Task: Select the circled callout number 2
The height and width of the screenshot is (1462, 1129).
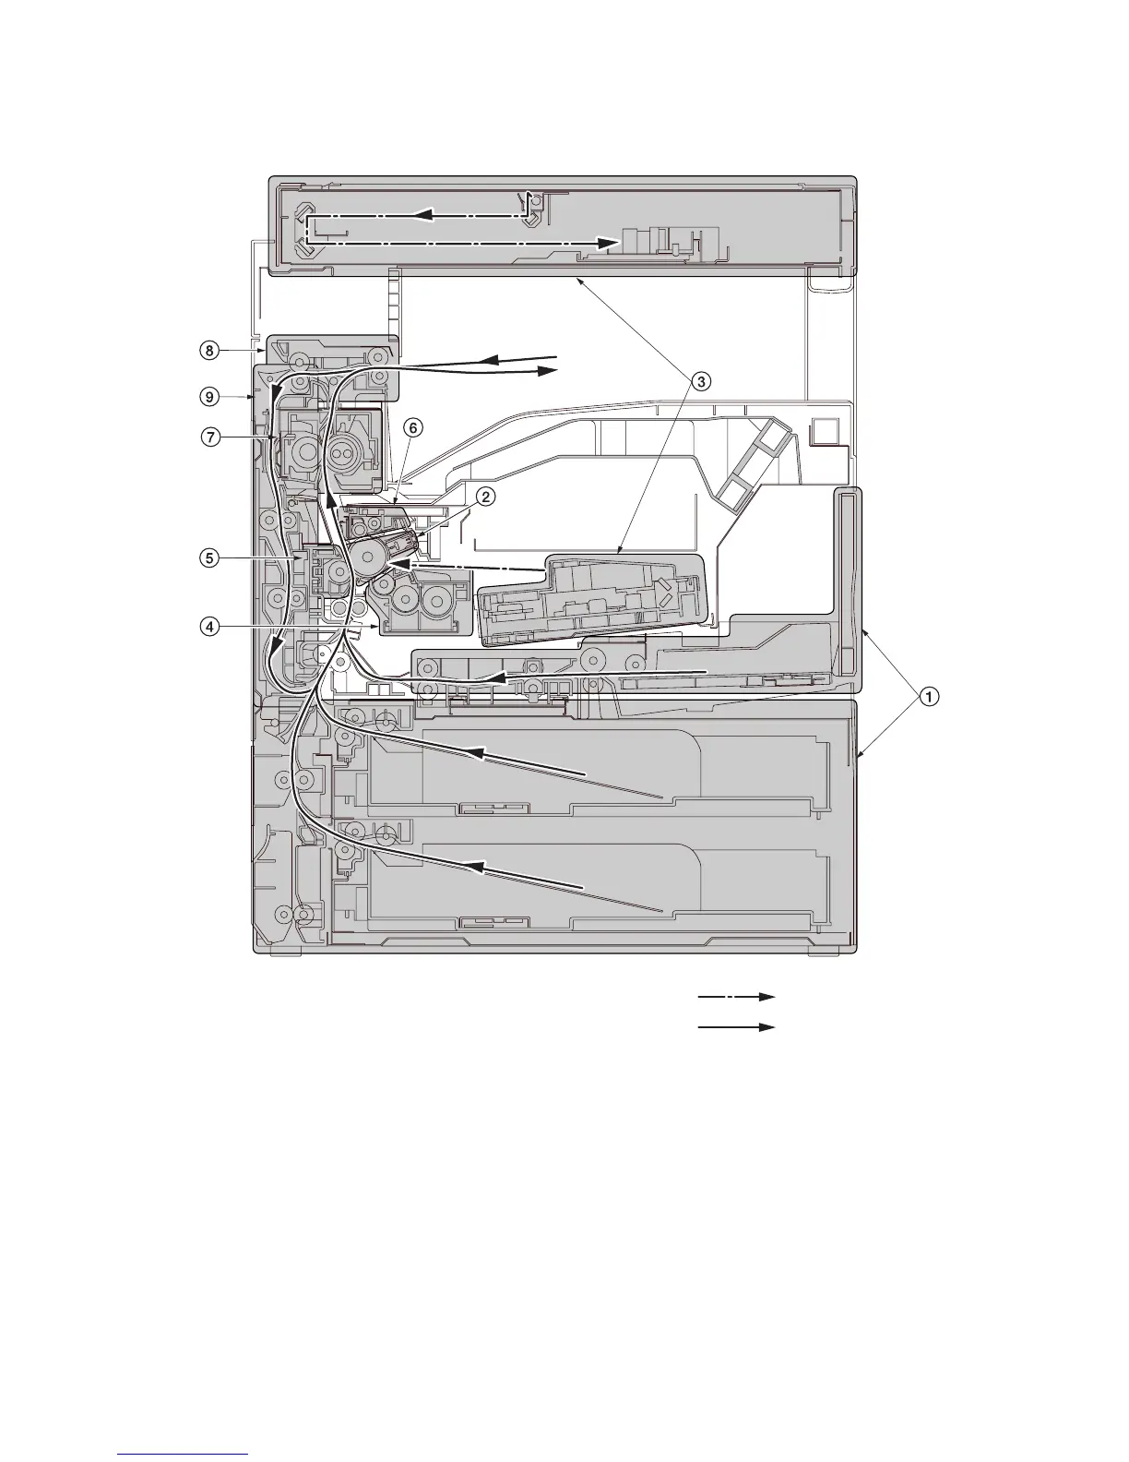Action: [x=485, y=497]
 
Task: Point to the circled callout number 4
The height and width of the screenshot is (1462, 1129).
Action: [x=211, y=626]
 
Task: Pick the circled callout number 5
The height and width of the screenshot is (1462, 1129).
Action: [x=211, y=557]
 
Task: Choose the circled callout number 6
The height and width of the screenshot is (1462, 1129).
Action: [x=413, y=427]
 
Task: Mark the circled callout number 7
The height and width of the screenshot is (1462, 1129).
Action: [x=211, y=438]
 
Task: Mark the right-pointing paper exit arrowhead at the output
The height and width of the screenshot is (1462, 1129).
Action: [x=547, y=370]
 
